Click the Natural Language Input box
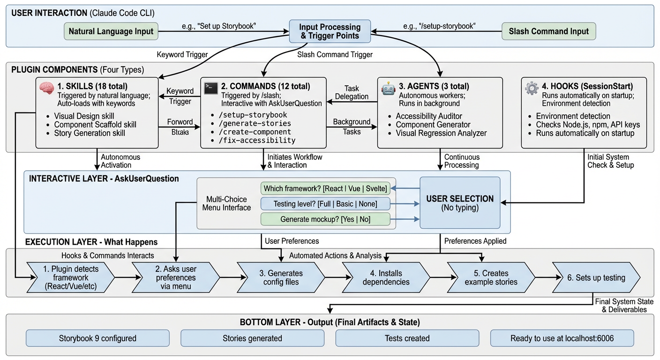[111, 32]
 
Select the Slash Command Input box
[549, 32]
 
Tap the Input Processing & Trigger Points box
[330, 31]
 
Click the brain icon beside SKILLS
[47, 88]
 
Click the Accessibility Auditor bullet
[429, 116]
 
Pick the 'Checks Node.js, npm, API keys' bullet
[588, 125]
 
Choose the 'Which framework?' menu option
[325, 188]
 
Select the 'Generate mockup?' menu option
[325, 219]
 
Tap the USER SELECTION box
[459, 202]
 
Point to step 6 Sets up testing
[595, 277]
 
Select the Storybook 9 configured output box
[97, 338]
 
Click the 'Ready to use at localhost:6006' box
[562, 338]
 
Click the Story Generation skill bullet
[90, 133]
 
